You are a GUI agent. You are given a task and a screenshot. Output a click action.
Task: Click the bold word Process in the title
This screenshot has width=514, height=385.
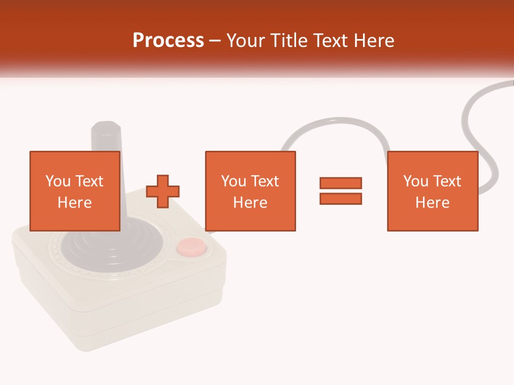(168, 41)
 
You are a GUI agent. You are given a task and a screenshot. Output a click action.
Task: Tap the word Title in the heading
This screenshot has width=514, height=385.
(290, 41)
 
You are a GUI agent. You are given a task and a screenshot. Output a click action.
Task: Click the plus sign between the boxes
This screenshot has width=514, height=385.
(163, 191)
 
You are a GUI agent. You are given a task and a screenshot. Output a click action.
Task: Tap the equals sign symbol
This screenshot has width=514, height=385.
(341, 191)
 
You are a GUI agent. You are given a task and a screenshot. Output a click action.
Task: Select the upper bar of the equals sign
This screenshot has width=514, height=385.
(341, 183)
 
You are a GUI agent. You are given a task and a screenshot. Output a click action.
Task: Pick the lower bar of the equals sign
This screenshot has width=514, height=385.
(341, 198)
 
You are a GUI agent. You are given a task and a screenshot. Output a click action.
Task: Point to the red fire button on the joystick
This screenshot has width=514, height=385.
(191, 247)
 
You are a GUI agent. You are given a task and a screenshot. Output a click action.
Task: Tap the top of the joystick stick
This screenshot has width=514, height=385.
(105, 128)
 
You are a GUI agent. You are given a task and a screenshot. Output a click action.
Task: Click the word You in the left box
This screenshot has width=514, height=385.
(58, 181)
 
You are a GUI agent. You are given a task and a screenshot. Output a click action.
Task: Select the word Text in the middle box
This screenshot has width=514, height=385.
(265, 181)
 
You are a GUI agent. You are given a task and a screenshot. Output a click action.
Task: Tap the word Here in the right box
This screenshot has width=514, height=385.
(433, 203)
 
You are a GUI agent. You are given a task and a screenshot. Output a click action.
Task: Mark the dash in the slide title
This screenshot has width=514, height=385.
(215, 41)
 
